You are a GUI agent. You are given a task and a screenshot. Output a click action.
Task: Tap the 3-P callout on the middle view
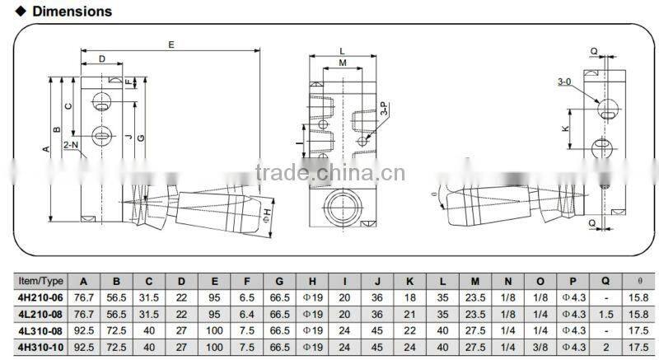point(383,109)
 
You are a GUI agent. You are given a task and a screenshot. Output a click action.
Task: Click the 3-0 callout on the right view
point(564,82)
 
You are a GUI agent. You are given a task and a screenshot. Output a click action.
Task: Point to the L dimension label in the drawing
point(342,51)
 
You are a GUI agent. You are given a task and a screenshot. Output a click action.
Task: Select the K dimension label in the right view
point(565,129)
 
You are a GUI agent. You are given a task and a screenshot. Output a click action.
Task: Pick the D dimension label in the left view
point(101,58)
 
